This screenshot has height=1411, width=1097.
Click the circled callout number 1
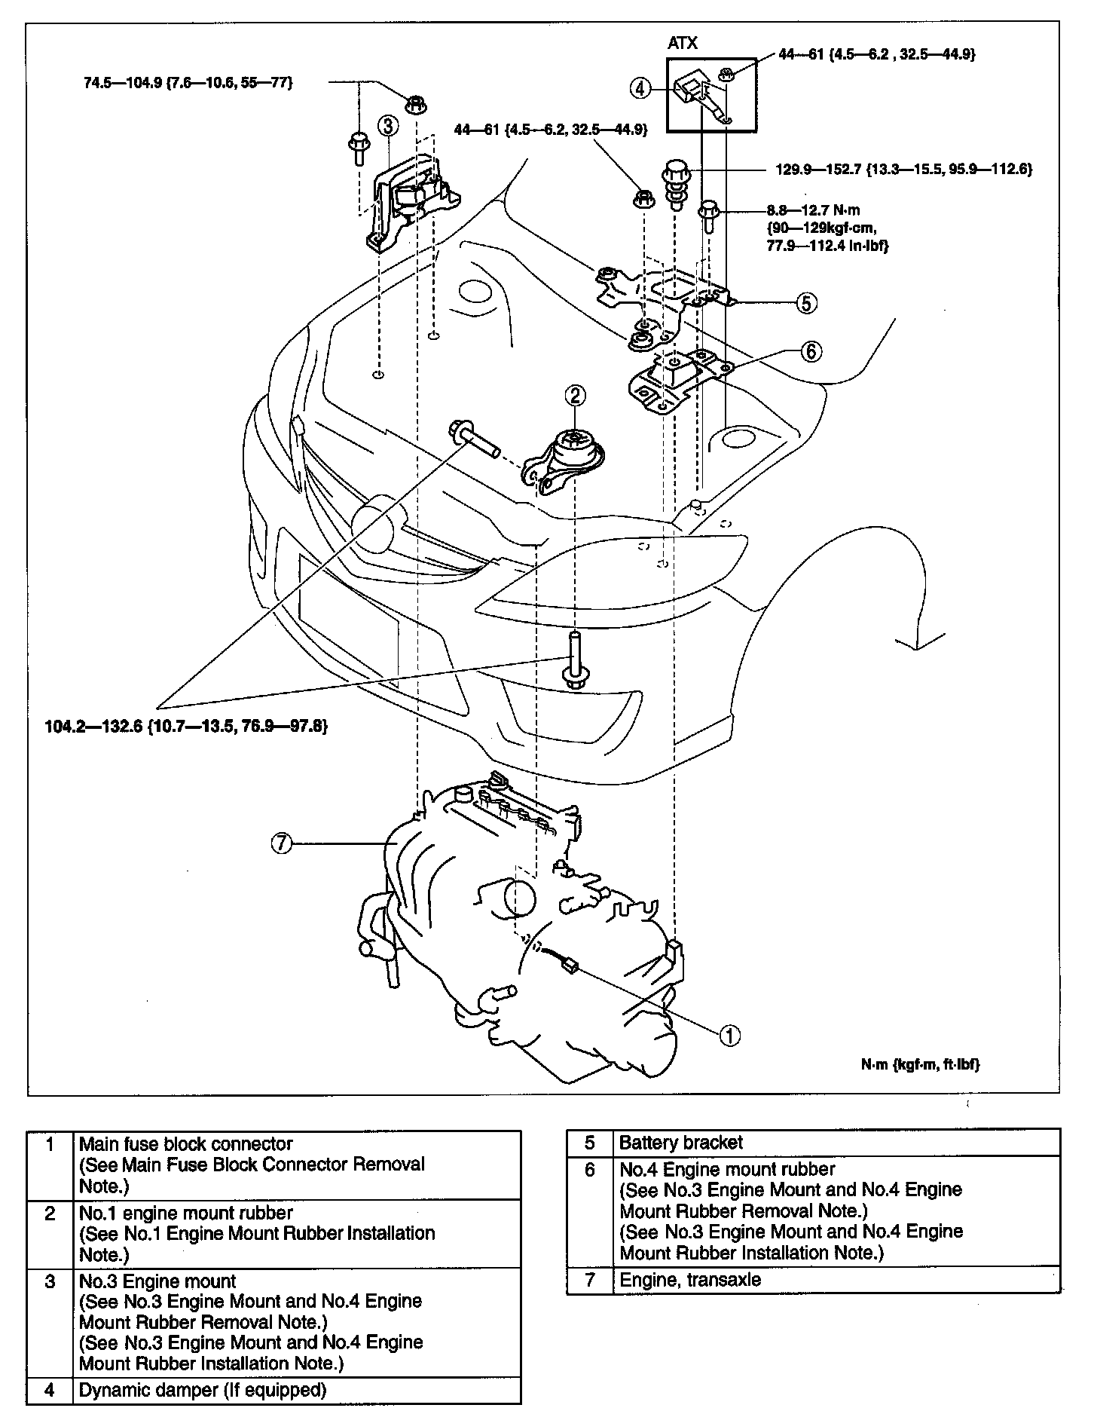pyautogui.click(x=729, y=1036)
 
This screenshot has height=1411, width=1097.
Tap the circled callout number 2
pyautogui.click(x=575, y=395)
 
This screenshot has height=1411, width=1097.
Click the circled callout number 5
pyautogui.click(x=805, y=303)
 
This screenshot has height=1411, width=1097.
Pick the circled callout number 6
pyautogui.click(x=810, y=350)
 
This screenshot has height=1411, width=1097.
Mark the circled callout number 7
pyautogui.click(x=281, y=843)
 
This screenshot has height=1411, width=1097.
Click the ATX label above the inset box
pyautogui.click(x=683, y=44)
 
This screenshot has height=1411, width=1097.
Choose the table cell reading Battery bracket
pyautogui.click(x=680, y=1143)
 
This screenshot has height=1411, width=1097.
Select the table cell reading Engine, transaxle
pyautogui.click(x=689, y=1280)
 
